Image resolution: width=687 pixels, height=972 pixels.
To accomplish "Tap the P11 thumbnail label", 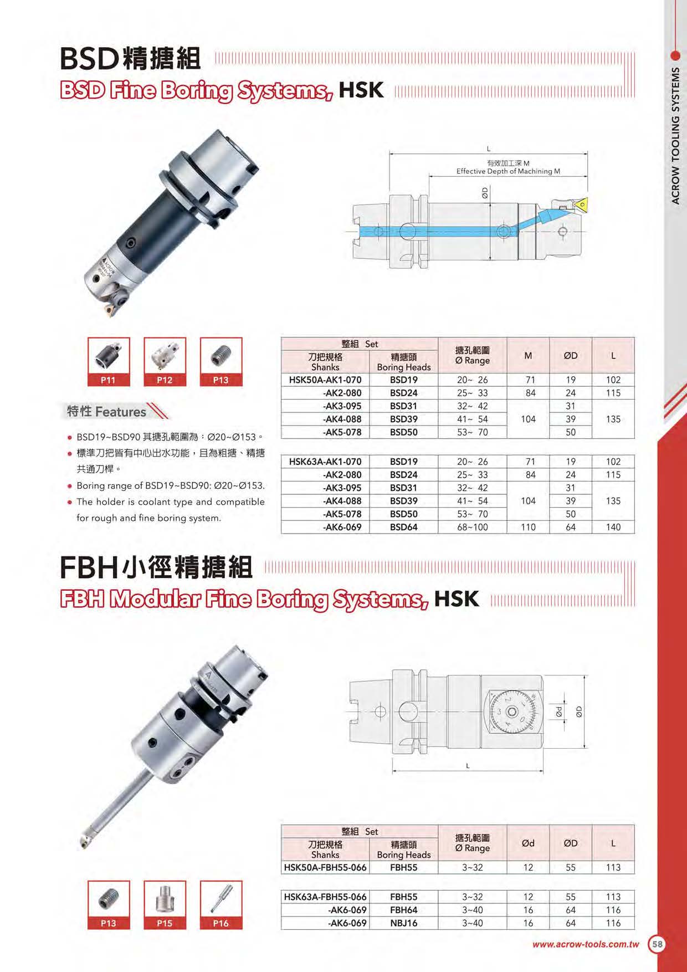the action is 109,380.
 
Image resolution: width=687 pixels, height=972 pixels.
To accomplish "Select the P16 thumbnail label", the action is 221,923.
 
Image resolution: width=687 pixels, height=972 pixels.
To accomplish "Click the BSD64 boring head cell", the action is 403,527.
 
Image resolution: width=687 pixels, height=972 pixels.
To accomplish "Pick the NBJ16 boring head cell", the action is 403,923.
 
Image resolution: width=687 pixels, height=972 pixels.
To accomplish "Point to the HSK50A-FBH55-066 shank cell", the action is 325,867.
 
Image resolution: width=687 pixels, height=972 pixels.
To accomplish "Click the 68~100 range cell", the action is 473,527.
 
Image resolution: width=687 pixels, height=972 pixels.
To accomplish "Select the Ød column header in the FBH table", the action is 528,843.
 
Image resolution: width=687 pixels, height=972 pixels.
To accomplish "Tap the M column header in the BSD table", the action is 528,356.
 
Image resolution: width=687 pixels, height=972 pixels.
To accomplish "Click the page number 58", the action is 657,944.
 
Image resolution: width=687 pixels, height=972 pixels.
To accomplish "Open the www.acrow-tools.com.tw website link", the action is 586,944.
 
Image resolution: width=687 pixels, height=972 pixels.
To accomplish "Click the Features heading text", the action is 121,412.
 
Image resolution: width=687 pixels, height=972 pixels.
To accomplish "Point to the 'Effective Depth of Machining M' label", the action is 508,171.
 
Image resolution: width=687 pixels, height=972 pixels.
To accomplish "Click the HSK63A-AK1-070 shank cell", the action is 325,462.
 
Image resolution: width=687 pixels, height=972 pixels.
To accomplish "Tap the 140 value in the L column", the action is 613,527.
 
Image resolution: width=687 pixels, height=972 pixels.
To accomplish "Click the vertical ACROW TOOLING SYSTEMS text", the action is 675,136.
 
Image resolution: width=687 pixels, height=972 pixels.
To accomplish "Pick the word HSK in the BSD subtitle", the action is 361,90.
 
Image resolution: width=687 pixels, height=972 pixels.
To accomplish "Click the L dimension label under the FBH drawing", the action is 468,766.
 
